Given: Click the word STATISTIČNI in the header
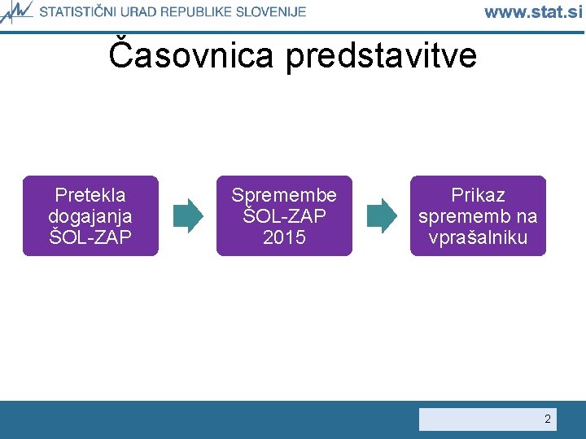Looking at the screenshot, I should (x=79, y=11).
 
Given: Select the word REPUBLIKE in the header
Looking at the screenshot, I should (x=203, y=11).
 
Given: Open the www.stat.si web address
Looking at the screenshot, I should (x=533, y=11).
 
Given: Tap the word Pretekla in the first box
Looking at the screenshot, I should (x=90, y=195).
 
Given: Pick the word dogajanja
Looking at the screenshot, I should (x=90, y=216).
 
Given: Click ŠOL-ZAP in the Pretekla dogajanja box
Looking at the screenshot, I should (x=90, y=237).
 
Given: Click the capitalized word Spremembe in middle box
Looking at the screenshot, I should (x=284, y=195).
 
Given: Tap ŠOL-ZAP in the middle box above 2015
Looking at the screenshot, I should (x=284, y=216).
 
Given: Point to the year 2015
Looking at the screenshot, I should (x=284, y=237).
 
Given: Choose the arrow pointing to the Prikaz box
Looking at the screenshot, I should (x=381, y=215).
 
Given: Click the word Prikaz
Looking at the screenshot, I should (x=478, y=195).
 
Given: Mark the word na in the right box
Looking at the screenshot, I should (x=526, y=216).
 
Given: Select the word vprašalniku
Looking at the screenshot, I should (x=478, y=237).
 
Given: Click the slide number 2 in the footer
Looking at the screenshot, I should (x=547, y=419).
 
